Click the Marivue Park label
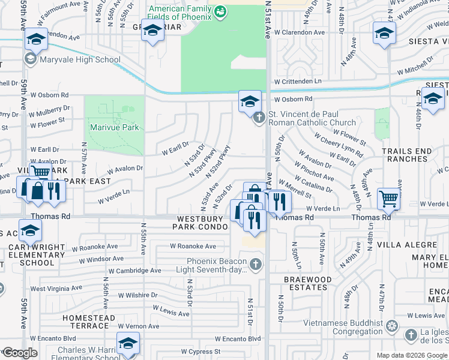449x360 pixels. [114, 127]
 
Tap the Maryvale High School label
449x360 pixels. [79, 60]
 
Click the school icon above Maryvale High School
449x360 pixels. [36, 40]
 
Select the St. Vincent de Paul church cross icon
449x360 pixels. [259, 118]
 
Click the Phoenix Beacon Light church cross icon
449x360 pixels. [256, 263]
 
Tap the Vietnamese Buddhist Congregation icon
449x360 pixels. [392, 326]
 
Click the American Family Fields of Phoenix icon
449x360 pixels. [220, 11]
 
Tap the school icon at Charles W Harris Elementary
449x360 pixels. [128, 343]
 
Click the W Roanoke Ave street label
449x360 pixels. [193, 246]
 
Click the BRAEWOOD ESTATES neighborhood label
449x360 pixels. [308, 284]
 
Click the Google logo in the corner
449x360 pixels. [20, 353]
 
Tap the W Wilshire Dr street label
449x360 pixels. [137, 295]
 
